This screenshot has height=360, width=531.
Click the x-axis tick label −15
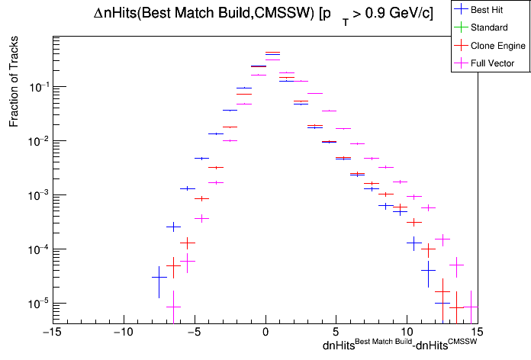51,332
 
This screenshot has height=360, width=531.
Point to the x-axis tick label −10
122,332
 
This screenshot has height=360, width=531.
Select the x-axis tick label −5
194,332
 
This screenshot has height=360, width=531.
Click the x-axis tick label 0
265,332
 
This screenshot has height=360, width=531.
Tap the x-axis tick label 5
336,332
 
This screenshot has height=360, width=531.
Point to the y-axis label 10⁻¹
37,87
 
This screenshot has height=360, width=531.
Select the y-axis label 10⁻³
37,195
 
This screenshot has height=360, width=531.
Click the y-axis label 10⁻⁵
37,304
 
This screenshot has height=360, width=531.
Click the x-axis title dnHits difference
400,346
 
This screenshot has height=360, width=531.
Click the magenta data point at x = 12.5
443,239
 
